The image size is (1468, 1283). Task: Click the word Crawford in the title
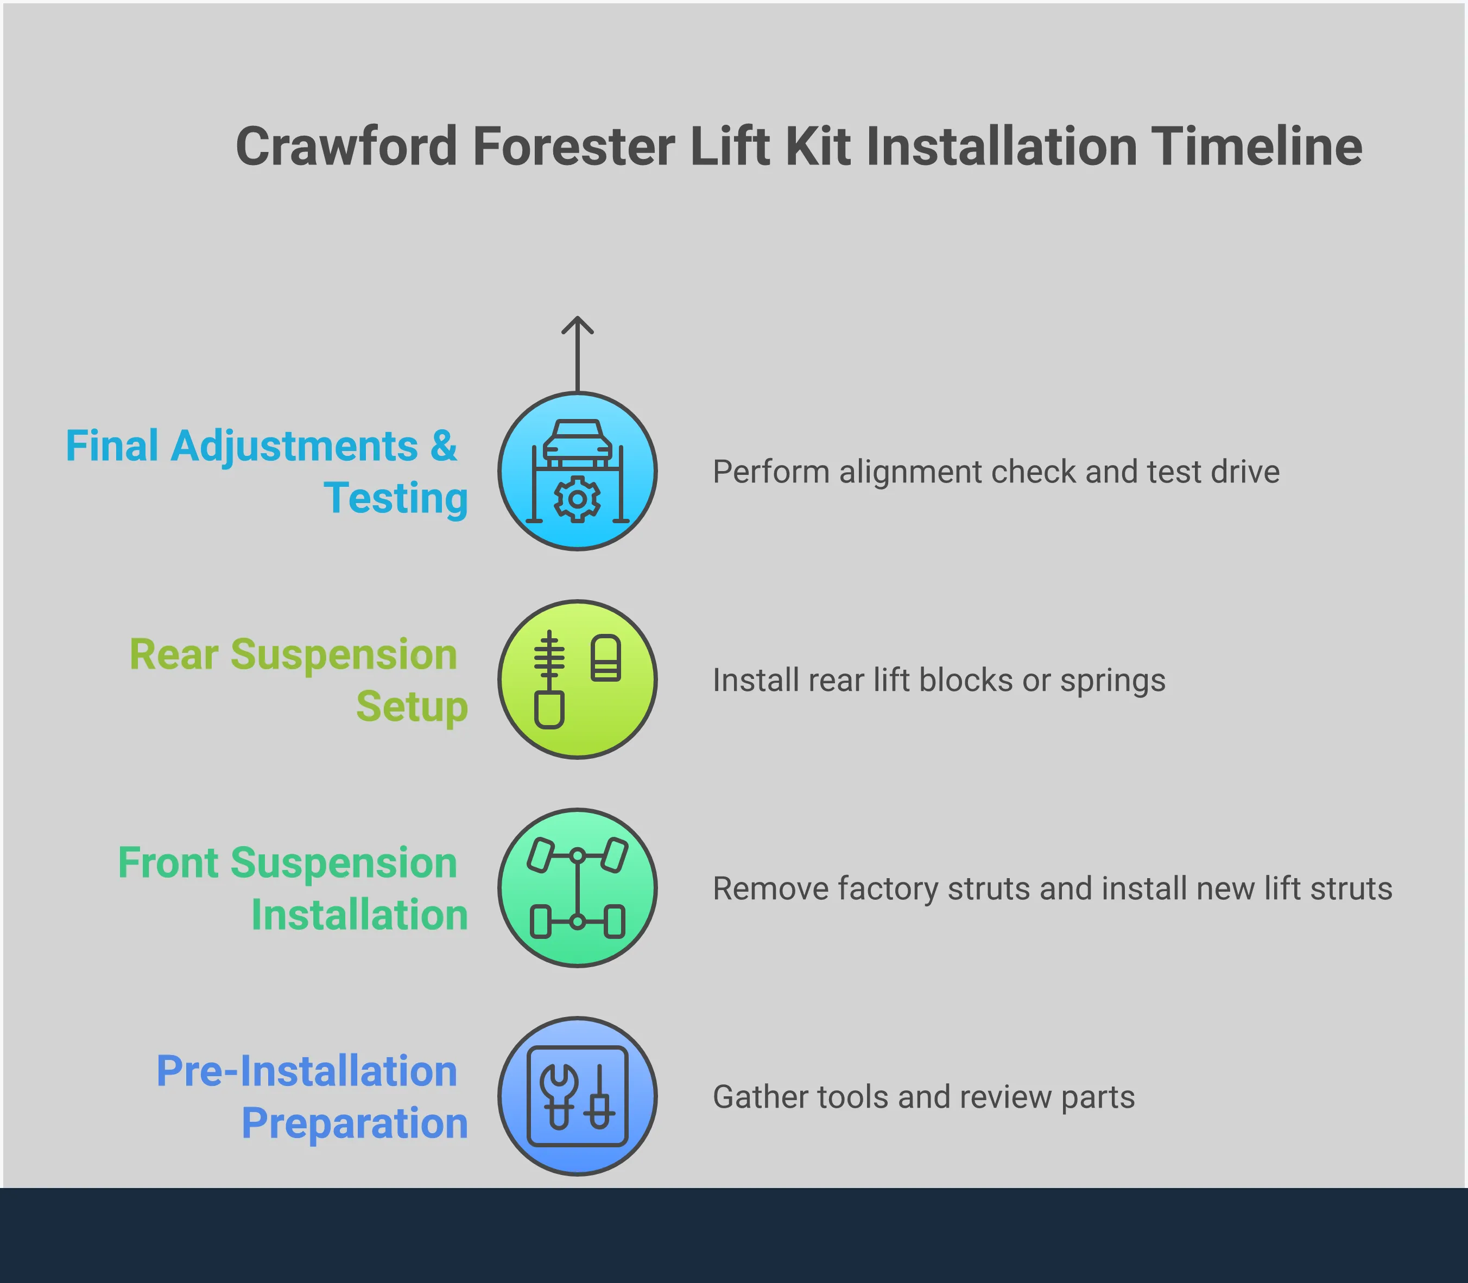346,147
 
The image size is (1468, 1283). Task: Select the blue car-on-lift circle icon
577,471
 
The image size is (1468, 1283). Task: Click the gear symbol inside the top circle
577,499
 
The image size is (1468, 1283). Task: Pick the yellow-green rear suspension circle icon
577,679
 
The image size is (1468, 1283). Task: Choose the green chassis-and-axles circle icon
577,888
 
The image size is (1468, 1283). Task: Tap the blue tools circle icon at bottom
577,1096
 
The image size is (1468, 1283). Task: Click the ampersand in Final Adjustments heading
443,446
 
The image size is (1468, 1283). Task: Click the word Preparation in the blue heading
355,1122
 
